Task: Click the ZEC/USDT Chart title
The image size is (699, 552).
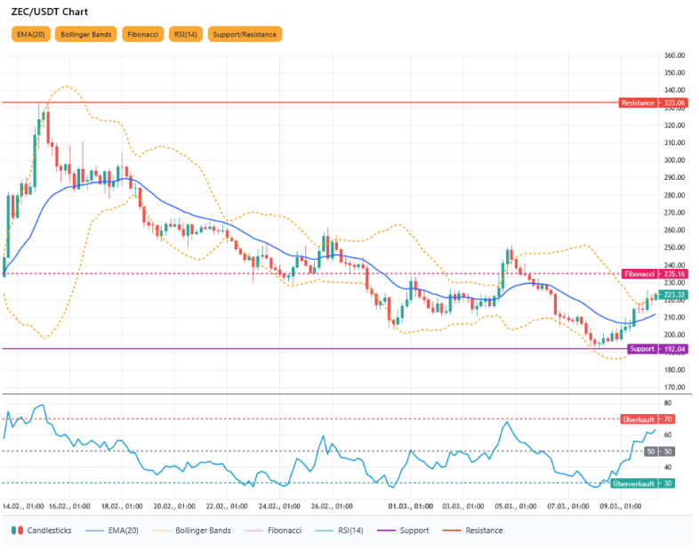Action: pos(49,12)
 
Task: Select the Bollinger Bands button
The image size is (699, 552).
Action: pos(85,35)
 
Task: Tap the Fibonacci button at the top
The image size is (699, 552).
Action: pos(142,35)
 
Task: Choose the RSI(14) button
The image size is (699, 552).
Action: pos(187,35)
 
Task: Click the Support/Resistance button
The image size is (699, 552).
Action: pos(245,35)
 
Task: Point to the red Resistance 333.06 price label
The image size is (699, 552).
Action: pos(653,103)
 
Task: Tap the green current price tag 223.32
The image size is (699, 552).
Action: pos(673,295)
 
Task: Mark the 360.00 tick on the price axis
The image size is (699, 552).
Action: pos(674,55)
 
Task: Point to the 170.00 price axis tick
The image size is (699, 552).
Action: pos(674,387)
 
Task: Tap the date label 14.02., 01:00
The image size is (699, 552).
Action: pos(24,506)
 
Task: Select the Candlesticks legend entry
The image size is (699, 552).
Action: pos(45,531)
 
